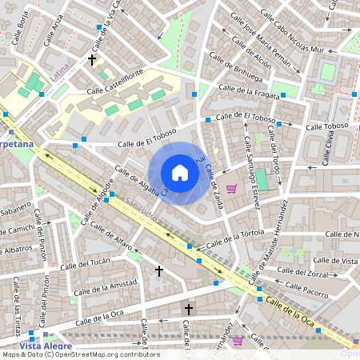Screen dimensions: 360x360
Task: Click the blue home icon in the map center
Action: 180,173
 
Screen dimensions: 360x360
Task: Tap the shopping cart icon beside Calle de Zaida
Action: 232,189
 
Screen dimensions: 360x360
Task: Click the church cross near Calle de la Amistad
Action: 158,272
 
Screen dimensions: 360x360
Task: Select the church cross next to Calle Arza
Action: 92,59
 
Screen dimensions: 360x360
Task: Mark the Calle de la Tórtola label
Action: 235,239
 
